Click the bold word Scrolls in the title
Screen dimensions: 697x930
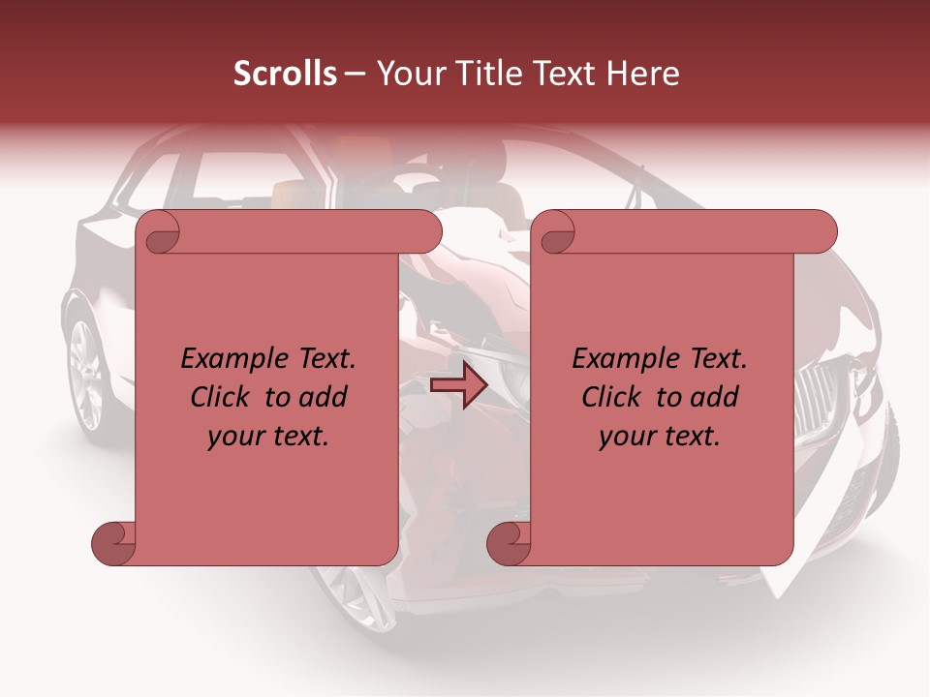285,74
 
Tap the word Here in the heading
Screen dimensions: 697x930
643,74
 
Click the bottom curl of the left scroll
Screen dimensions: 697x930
113,543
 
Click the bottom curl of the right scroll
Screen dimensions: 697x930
509,543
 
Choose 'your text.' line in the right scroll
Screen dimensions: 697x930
660,436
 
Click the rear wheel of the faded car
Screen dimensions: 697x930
87,373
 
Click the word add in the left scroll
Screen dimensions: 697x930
324,397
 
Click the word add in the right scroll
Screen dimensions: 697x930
715,397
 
